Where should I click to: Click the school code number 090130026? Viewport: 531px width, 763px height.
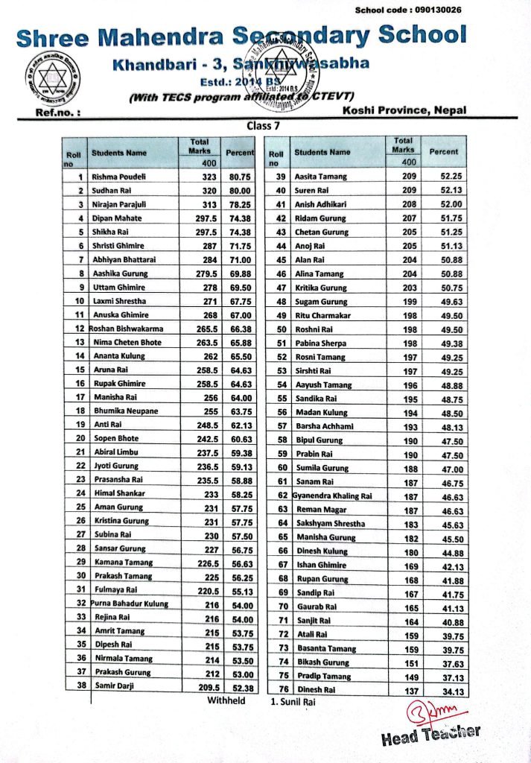(x=435, y=10)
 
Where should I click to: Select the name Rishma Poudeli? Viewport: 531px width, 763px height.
(x=118, y=177)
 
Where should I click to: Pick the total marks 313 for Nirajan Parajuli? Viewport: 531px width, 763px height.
(x=208, y=204)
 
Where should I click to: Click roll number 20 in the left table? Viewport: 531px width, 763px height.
(x=79, y=438)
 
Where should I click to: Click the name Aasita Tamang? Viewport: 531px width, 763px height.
(x=321, y=177)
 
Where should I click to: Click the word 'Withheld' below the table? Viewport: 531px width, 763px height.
(x=226, y=701)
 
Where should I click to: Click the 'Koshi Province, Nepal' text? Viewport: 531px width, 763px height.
(x=404, y=110)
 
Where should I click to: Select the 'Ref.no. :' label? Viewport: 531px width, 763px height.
(x=57, y=113)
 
